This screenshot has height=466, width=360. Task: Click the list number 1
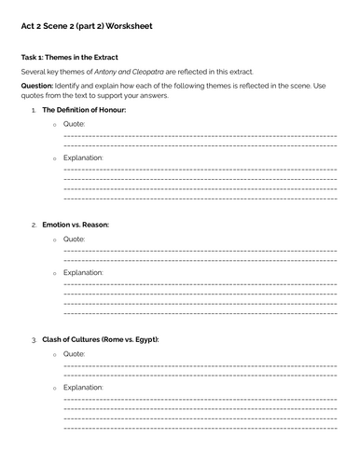[x=34, y=110]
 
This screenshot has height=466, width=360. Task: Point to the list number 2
[x=34, y=225]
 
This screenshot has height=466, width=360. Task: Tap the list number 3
[x=34, y=339]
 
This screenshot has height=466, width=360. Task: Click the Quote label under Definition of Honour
[x=74, y=124]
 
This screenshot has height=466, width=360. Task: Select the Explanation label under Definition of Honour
[x=83, y=158]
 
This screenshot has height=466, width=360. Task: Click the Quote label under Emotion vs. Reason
[x=74, y=239]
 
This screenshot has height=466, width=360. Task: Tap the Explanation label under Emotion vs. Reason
[x=83, y=272]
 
